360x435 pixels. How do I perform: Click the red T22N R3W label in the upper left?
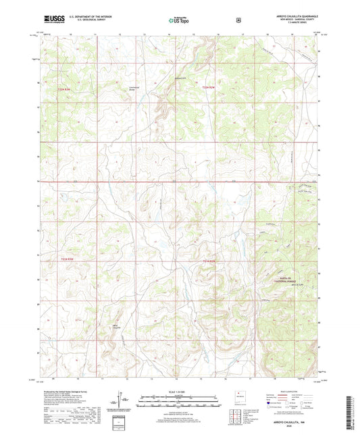click(x=63, y=86)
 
